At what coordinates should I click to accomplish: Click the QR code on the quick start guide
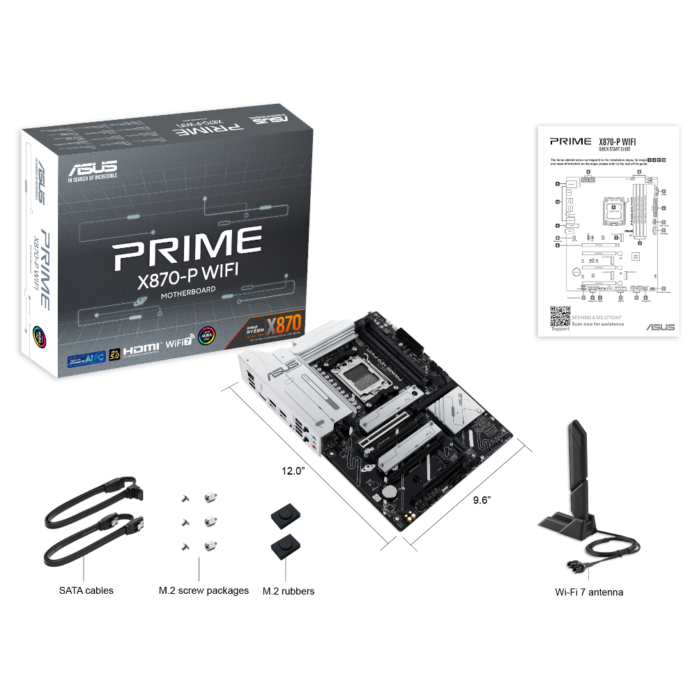[560, 316]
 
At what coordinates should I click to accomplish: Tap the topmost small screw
[185, 498]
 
